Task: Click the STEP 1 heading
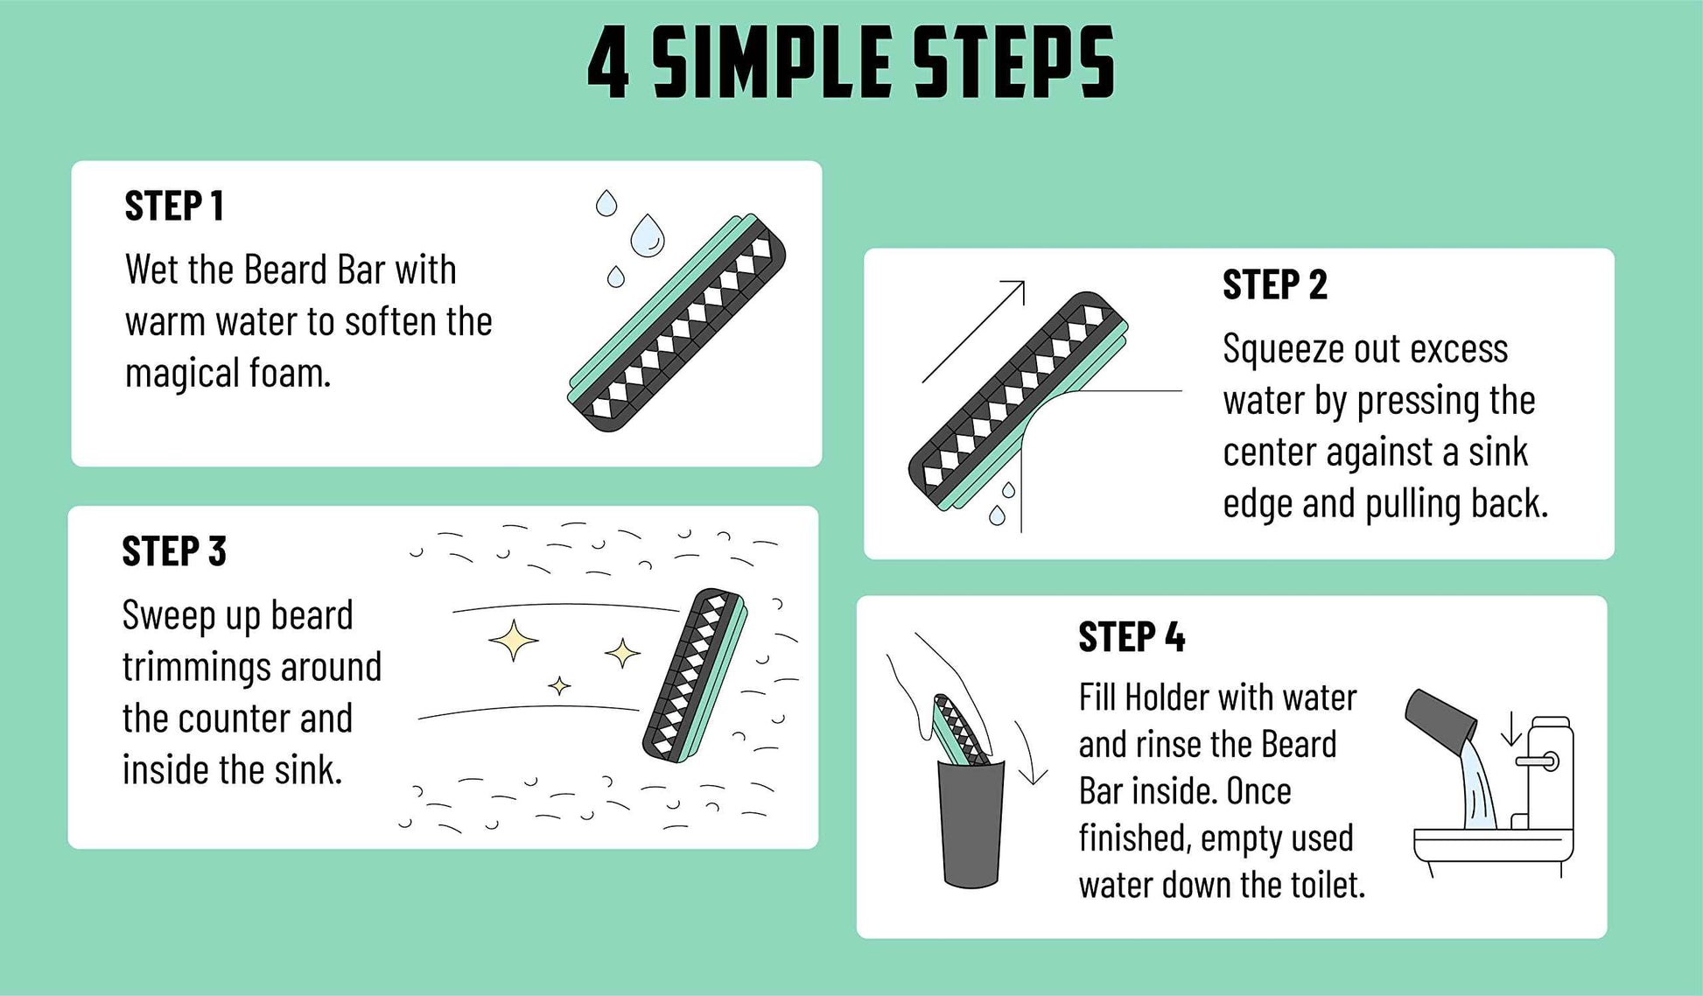tap(174, 207)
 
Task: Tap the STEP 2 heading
tap(1274, 285)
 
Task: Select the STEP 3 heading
tap(174, 552)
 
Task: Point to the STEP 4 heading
tap(1131, 637)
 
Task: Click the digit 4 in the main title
tap(609, 63)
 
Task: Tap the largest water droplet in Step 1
tap(648, 236)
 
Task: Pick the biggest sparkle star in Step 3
tap(514, 641)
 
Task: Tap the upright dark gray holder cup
tap(971, 823)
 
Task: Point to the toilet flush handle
tap(1538, 761)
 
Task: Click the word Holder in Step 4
tap(1167, 698)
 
